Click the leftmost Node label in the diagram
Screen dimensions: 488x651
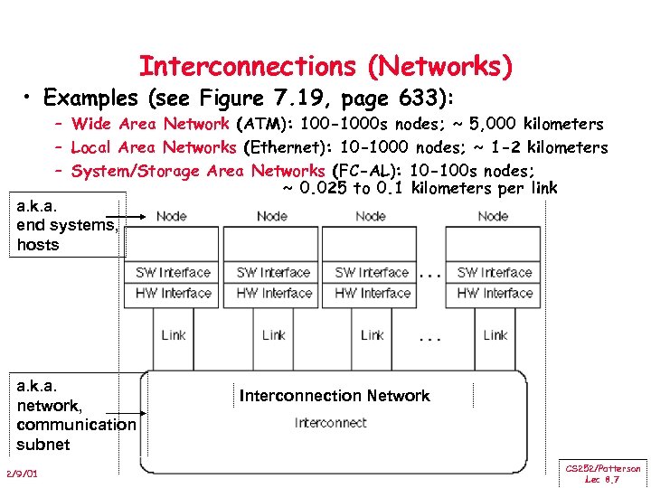[172, 216]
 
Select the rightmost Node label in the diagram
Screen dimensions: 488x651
[493, 216]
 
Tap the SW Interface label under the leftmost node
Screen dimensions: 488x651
[173, 272]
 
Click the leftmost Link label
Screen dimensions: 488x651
[173, 334]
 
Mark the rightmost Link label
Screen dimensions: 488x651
[495, 334]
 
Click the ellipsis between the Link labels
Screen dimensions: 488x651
[431, 341]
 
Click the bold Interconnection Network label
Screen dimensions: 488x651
[335, 396]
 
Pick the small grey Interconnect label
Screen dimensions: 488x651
[330, 423]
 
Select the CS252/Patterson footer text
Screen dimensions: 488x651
[603, 469]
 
